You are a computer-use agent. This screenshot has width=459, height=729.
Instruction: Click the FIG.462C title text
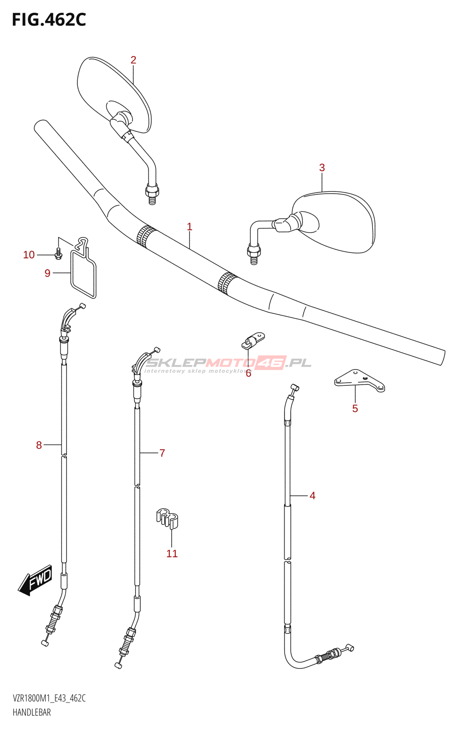pyautogui.click(x=49, y=20)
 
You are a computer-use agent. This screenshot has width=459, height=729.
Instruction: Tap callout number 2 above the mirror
pyautogui.click(x=133, y=60)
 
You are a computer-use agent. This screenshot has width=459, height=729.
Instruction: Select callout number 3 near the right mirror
pyautogui.click(x=322, y=168)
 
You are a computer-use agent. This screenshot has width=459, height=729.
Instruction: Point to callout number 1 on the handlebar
pyautogui.click(x=189, y=226)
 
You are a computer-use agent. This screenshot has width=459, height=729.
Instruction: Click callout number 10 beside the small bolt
pyautogui.click(x=29, y=255)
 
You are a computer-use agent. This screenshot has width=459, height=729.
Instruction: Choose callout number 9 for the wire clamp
pyautogui.click(x=47, y=273)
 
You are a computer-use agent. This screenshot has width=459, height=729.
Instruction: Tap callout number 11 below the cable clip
pyautogui.click(x=172, y=554)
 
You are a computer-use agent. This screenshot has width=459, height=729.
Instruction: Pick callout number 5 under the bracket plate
pyautogui.click(x=355, y=409)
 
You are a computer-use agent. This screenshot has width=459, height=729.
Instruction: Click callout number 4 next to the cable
pyautogui.click(x=312, y=496)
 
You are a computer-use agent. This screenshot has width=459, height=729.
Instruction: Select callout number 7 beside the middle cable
pyautogui.click(x=162, y=453)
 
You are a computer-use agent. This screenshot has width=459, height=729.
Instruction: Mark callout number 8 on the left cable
pyautogui.click(x=39, y=445)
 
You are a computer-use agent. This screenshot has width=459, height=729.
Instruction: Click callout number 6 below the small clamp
pyautogui.click(x=248, y=374)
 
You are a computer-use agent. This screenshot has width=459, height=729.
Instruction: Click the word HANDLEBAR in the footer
pyautogui.click(x=32, y=712)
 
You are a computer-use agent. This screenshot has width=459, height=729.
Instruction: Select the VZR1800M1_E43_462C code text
pyautogui.click(x=49, y=698)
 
